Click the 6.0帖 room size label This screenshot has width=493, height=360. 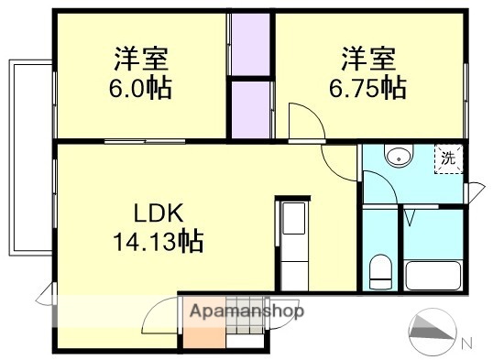[x=143, y=89]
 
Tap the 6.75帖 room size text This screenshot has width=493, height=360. [x=367, y=89]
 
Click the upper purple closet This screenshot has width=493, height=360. [x=251, y=44]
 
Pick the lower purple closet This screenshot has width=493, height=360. [x=251, y=109]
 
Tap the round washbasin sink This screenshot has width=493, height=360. [x=399, y=158]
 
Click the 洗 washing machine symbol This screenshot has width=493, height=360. [x=448, y=158]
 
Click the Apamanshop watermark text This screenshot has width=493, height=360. [x=246, y=311]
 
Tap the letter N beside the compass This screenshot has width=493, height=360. [x=467, y=344]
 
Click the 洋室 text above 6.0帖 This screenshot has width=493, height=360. [x=143, y=60]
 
